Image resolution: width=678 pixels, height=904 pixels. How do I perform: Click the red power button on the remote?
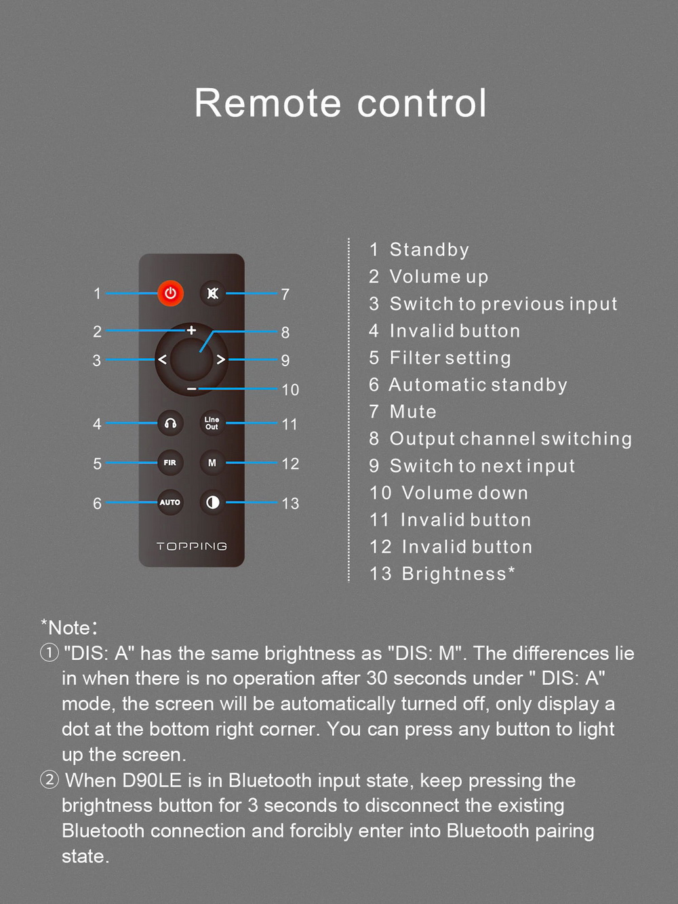click(x=170, y=293)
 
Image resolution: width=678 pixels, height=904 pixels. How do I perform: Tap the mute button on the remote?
click(x=212, y=293)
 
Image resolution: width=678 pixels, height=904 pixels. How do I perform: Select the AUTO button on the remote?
click(x=170, y=502)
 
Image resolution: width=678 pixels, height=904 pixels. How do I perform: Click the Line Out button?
click(x=212, y=423)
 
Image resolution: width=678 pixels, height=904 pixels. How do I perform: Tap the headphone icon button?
click(x=170, y=423)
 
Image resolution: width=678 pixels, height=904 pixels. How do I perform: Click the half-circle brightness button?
click(x=212, y=502)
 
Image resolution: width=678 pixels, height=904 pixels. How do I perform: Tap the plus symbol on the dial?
click(x=191, y=330)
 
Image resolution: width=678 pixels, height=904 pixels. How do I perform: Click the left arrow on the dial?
click(x=162, y=359)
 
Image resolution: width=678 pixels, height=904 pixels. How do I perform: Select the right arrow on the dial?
click(x=221, y=359)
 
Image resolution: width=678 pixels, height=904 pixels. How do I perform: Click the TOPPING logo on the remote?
click(x=191, y=546)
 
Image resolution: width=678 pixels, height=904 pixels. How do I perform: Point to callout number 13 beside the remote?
click(x=290, y=503)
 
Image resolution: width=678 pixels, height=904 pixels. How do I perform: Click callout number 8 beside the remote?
click(x=285, y=332)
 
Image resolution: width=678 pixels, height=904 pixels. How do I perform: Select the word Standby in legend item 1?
click(x=429, y=250)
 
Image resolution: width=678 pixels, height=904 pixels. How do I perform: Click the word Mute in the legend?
click(x=413, y=412)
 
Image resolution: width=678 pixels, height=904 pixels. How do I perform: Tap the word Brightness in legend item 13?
click(x=454, y=574)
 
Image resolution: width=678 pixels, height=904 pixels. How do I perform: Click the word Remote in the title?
click(x=268, y=102)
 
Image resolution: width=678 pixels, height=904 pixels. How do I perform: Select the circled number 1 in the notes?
click(x=49, y=653)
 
